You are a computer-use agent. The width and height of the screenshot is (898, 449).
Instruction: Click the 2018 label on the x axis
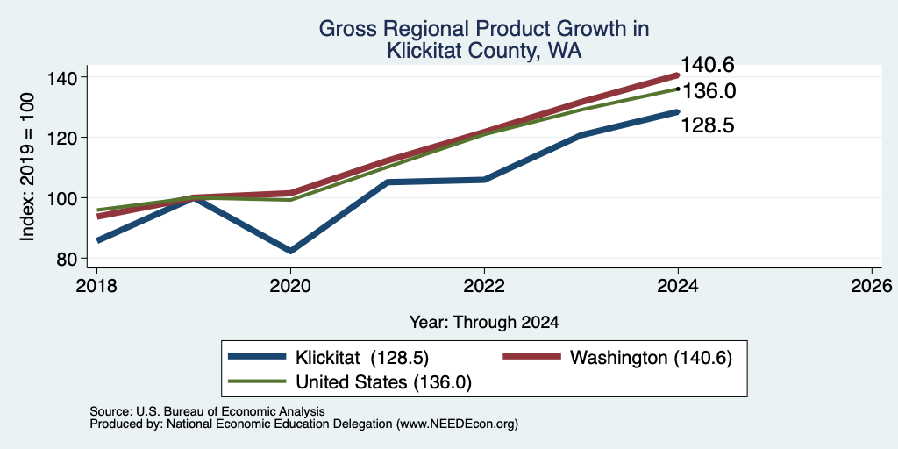97,286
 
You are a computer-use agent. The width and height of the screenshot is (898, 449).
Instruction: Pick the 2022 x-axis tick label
484,286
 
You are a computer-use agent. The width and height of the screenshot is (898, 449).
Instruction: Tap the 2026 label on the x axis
873,286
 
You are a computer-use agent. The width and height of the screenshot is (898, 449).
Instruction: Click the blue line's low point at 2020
291,251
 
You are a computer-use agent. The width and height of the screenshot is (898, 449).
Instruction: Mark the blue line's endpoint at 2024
678,111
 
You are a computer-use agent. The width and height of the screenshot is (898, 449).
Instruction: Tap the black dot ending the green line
678,89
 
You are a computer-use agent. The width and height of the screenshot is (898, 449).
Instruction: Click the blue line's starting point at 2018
98,240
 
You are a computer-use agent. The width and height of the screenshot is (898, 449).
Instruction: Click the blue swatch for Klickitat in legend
257,357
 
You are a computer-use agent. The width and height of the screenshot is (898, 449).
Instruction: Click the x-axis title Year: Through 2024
484,323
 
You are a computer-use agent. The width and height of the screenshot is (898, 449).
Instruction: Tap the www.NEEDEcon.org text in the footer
456,424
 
